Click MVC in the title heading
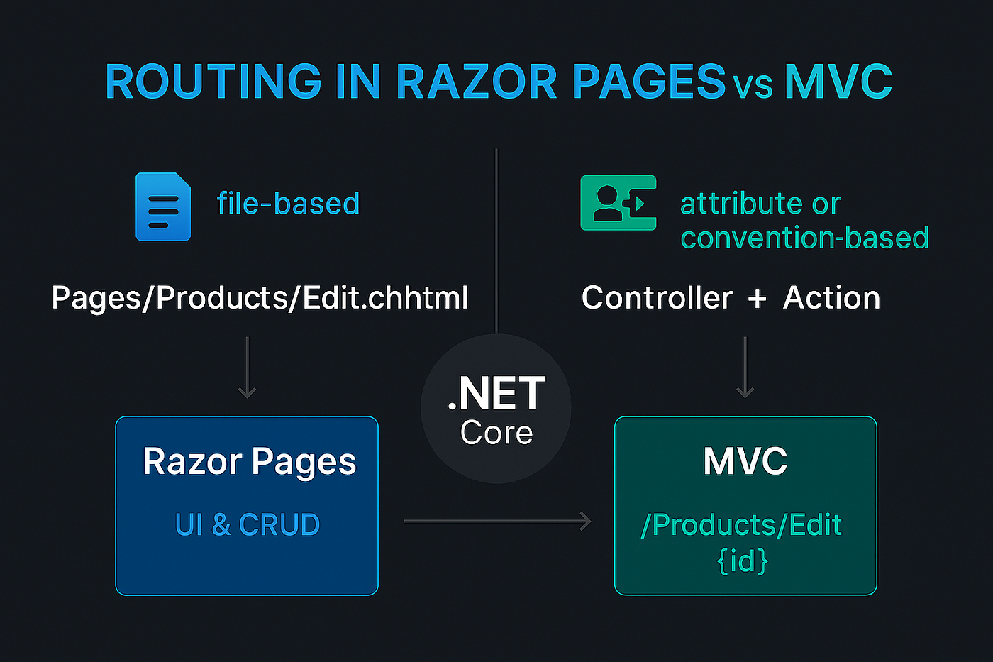(838, 82)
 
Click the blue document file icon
(163, 206)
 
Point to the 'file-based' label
(288, 204)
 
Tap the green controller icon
(618, 203)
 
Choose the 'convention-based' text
(804, 238)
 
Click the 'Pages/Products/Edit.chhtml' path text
(260, 298)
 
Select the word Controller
(657, 298)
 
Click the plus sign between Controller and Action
(757, 299)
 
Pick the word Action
(831, 298)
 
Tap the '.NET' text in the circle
(496, 395)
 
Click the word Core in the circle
(496, 433)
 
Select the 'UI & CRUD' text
(247, 525)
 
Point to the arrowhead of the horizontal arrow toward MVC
(586, 521)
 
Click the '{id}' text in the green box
(743, 561)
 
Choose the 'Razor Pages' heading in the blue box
(249, 462)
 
